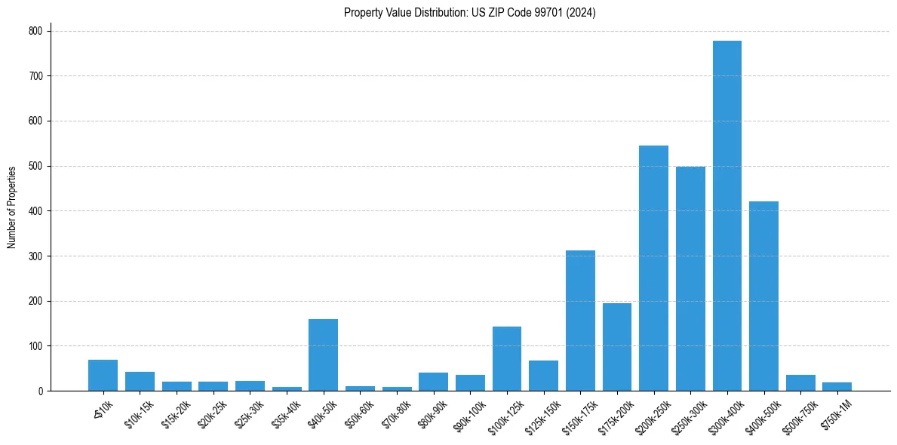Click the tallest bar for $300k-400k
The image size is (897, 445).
point(727,216)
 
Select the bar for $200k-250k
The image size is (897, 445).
point(653,268)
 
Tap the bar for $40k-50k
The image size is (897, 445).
point(323,354)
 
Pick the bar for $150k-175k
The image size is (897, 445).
point(580,321)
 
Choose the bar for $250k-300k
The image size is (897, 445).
point(690,278)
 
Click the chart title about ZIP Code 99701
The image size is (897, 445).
point(469,13)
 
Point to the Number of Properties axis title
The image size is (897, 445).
point(12,207)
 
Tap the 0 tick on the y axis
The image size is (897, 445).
point(40,391)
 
